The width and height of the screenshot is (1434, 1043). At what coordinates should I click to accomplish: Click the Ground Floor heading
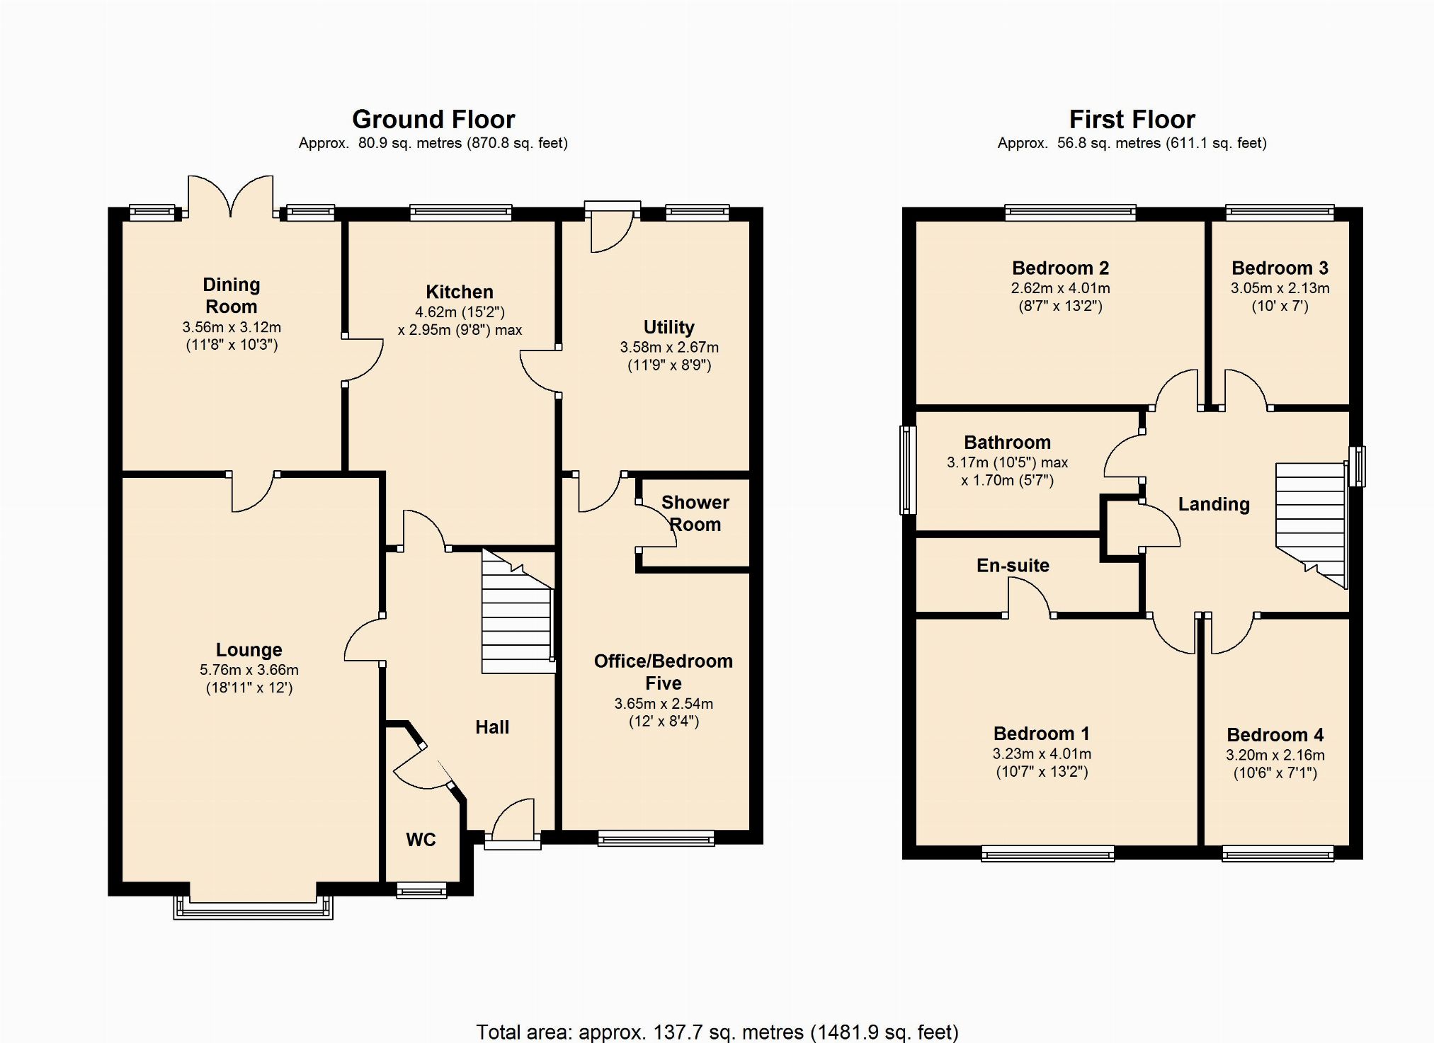click(x=433, y=119)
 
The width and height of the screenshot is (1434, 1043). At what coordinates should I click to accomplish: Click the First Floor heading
click(x=1132, y=119)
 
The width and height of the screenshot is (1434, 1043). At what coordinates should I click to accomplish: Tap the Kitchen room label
click(x=460, y=292)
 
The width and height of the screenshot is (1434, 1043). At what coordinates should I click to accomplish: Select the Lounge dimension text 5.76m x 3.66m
click(x=249, y=670)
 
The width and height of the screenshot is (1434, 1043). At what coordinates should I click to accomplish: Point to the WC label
click(x=421, y=840)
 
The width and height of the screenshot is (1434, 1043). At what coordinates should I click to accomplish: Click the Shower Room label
click(x=695, y=513)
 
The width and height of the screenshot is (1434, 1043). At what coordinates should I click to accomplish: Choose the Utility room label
click(x=669, y=327)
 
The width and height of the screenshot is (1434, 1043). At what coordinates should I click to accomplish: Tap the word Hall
click(x=492, y=727)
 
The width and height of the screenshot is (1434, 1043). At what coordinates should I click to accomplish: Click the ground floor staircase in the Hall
click(x=518, y=610)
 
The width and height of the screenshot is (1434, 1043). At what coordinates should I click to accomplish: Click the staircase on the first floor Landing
click(x=1311, y=525)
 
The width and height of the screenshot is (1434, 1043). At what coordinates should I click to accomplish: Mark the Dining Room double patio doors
click(x=230, y=196)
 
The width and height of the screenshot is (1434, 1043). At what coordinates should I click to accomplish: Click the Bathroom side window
click(x=908, y=469)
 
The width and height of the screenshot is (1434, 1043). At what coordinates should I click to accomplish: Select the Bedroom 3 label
click(x=1280, y=268)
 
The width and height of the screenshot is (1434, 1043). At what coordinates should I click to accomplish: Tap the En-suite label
click(x=1013, y=565)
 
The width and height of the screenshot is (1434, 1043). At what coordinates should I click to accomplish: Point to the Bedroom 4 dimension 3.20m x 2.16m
click(x=1275, y=755)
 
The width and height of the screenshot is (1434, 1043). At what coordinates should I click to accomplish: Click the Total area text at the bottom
click(x=717, y=1032)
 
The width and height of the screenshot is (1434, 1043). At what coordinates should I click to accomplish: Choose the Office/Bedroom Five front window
click(x=656, y=838)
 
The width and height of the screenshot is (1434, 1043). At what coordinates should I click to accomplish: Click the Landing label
click(x=1214, y=504)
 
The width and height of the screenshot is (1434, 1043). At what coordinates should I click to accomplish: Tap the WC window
click(x=421, y=890)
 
